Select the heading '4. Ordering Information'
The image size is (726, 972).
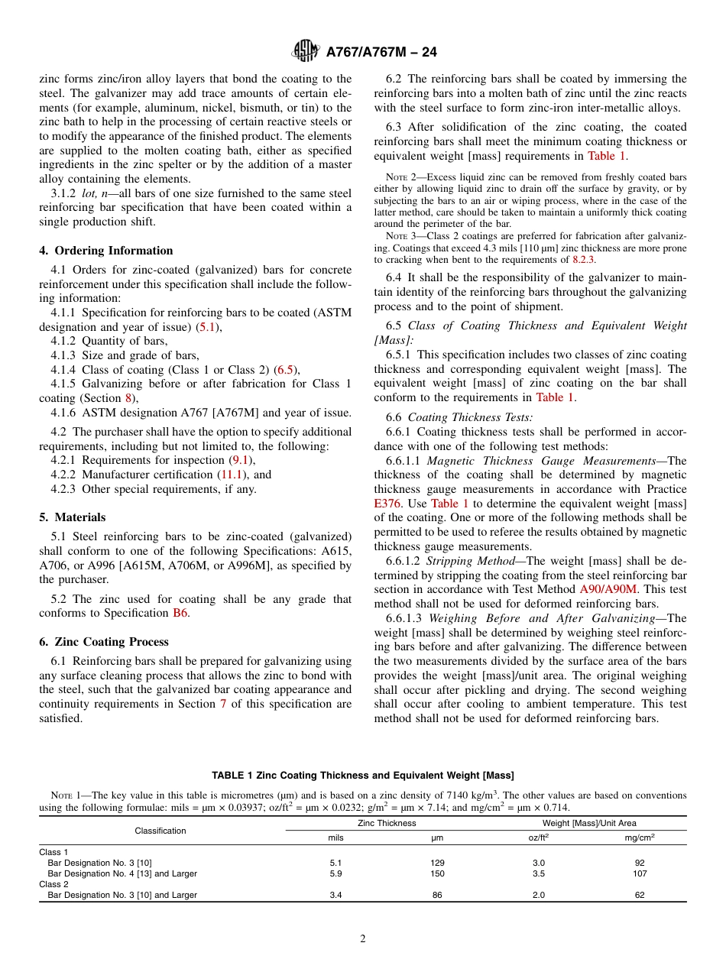click(106, 251)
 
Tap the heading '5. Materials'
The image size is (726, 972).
click(73, 517)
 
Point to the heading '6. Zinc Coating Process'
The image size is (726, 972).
click(104, 642)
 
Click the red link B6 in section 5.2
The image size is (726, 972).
click(180, 613)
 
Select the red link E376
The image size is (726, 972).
click(388, 504)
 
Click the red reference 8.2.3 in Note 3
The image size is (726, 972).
click(583, 260)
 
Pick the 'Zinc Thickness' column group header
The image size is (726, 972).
click(387, 823)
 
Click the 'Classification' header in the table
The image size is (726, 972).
click(160, 831)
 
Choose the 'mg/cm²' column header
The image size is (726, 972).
click(640, 838)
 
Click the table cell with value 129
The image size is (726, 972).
click(437, 863)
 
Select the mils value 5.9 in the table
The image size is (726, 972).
click(335, 873)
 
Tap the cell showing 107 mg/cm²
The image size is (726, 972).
click(640, 873)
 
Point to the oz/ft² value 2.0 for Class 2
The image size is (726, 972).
click(539, 895)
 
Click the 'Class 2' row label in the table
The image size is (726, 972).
click(53, 884)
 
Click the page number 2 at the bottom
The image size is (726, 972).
click(363, 939)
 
